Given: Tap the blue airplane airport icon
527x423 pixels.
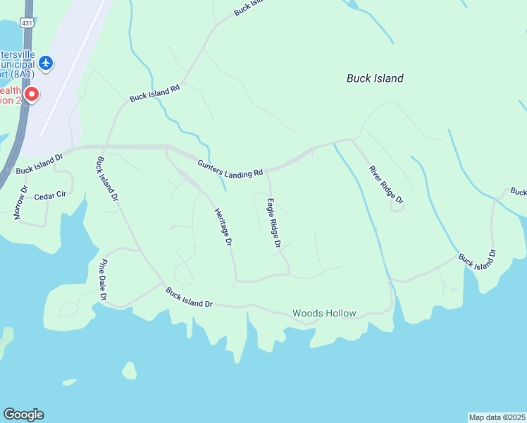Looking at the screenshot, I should pos(46,63).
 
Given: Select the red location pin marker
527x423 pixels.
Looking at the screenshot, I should pos(31,94).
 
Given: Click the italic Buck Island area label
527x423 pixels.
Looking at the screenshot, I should pos(375,78).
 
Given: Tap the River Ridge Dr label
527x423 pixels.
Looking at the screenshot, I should pos(387,185).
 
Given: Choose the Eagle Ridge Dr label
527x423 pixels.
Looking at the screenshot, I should pos(273,223).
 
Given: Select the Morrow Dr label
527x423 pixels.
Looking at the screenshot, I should pos(20,203).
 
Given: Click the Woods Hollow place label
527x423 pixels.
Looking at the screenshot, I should pos(324,313).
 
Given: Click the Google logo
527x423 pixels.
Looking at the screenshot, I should pos(23,415).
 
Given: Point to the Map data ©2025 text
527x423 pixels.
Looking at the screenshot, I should pos(497,417).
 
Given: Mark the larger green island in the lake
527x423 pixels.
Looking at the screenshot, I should pos(129,370).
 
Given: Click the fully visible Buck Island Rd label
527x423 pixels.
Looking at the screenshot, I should pos(155,93).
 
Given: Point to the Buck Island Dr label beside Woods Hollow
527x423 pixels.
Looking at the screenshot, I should pos(189,297).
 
